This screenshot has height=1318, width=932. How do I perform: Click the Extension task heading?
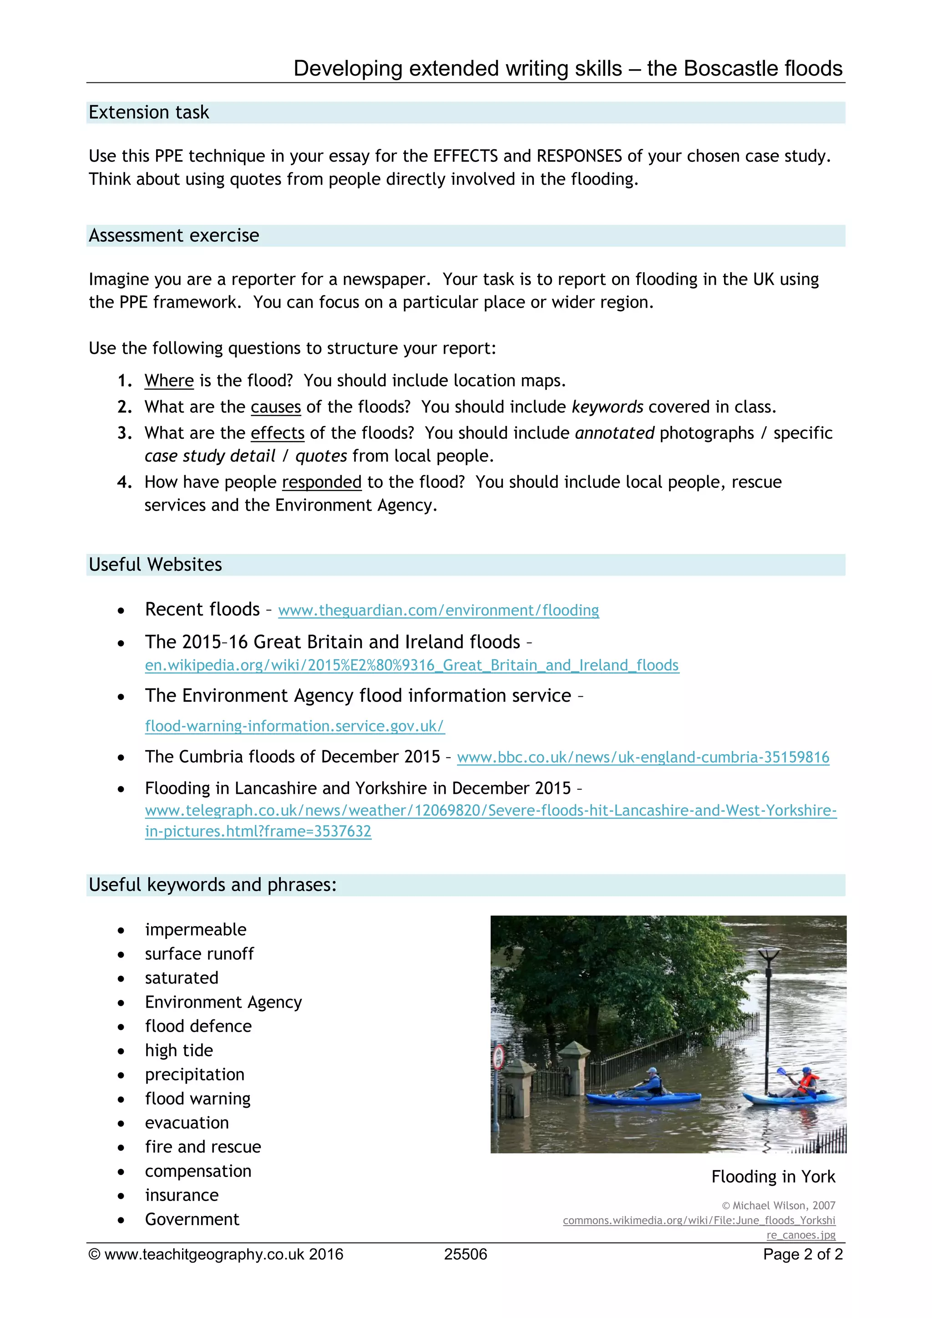click(x=149, y=112)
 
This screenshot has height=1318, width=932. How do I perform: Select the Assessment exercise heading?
click(x=174, y=235)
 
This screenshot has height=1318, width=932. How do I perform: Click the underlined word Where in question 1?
click(x=169, y=380)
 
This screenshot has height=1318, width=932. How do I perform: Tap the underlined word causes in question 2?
click(x=275, y=407)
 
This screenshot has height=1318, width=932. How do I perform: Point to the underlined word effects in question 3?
click(x=277, y=433)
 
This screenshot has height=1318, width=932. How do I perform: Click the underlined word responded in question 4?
click(x=321, y=482)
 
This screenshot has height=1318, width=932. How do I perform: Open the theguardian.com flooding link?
click(x=438, y=610)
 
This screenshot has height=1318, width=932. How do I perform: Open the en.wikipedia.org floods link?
click(x=411, y=665)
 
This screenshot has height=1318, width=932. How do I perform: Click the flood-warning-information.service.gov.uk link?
click(x=294, y=726)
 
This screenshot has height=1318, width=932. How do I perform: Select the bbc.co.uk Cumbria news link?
click(x=643, y=757)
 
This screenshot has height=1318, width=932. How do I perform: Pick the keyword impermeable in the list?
click(x=195, y=929)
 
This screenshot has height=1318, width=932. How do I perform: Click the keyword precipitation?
click(x=195, y=1074)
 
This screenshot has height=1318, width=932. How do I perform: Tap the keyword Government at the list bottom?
click(x=192, y=1219)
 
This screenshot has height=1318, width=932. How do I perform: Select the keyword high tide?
click(x=178, y=1050)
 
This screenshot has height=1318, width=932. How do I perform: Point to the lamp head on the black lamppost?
click(x=768, y=955)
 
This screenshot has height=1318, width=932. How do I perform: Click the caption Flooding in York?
click(x=773, y=1177)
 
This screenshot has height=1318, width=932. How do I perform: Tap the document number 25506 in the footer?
click(x=466, y=1254)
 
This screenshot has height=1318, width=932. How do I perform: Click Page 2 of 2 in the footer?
click(x=802, y=1254)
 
